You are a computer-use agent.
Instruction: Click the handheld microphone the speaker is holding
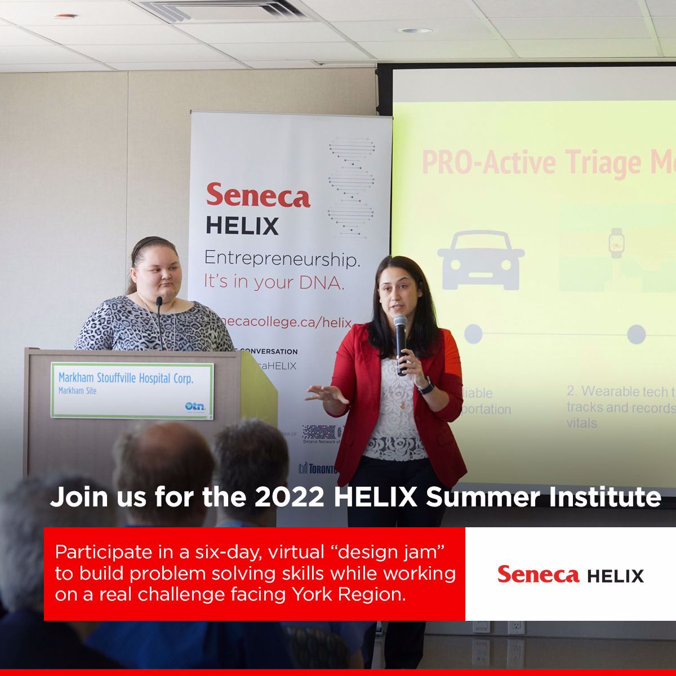pos(401,338)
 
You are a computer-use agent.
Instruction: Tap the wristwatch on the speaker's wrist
pos(426,386)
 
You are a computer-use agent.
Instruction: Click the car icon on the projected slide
pos(481,260)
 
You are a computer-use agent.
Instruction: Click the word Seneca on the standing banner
pos(258,195)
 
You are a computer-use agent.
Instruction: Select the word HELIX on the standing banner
pos(242,226)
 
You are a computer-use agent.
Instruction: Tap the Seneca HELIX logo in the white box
pos(570,575)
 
